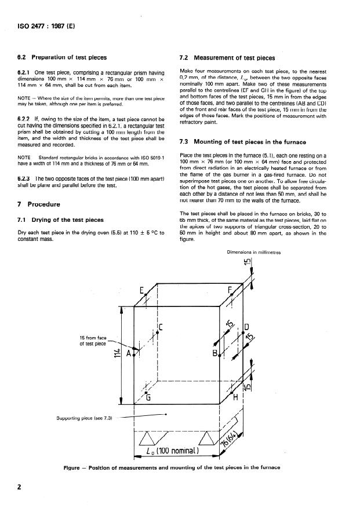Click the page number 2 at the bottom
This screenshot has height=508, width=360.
(x=19, y=487)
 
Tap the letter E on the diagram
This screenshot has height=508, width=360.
(x=141, y=291)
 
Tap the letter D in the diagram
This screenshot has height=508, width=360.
(x=246, y=327)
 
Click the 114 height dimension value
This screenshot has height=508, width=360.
(x=117, y=354)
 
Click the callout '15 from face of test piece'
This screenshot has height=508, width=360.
(x=93, y=341)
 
